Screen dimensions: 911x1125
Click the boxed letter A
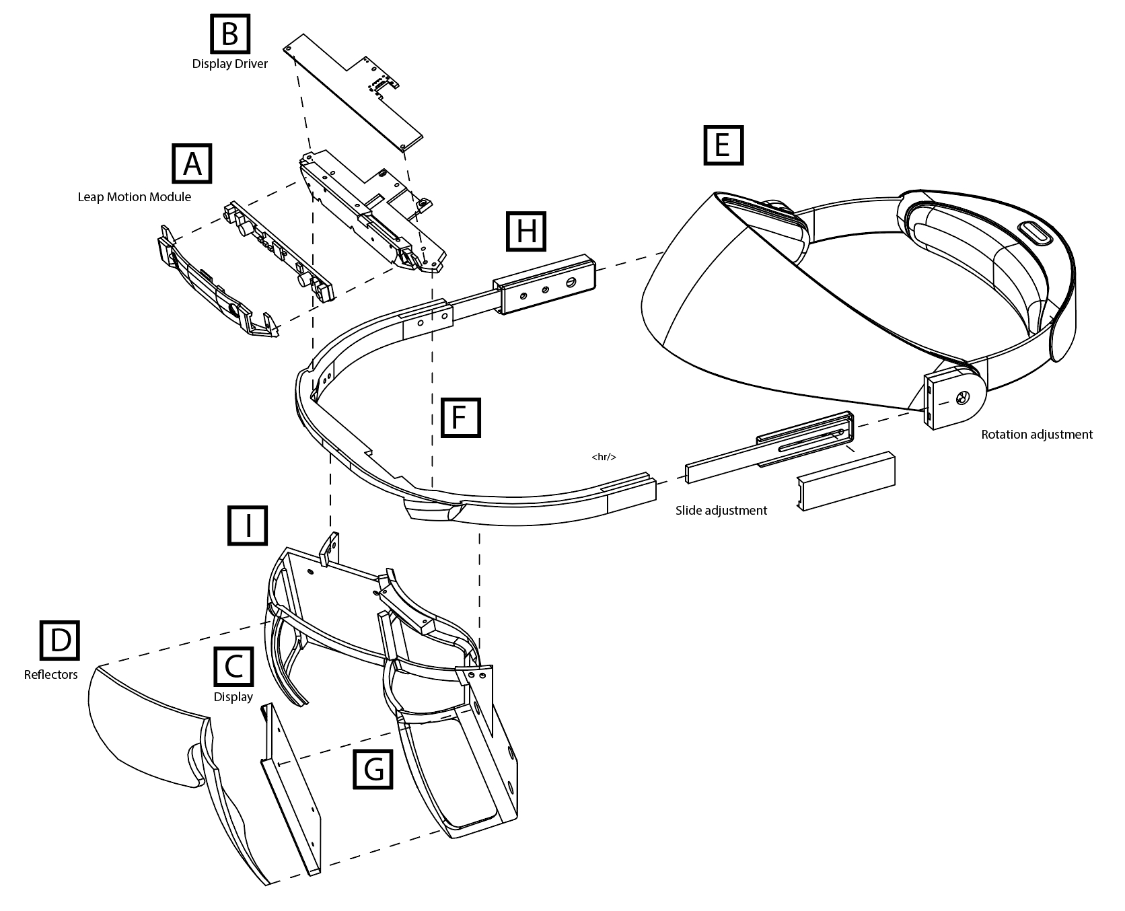(192, 163)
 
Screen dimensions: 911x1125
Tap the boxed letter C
(233, 666)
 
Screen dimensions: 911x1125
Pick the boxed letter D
(60, 640)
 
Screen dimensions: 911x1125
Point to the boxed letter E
(723, 145)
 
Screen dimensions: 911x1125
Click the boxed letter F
(460, 417)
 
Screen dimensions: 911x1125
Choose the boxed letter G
(373, 768)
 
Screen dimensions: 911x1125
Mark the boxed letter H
(526, 232)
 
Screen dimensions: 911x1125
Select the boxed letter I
(248, 525)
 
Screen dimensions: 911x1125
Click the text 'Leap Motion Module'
(134, 197)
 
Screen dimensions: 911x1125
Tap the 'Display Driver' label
(229, 64)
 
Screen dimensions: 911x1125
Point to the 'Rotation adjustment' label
(1036, 435)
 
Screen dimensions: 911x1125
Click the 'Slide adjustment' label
(721, 511)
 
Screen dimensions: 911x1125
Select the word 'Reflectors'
(50, 675)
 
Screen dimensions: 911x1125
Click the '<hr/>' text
(604, 457)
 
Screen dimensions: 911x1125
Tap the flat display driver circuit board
(350, 94)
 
